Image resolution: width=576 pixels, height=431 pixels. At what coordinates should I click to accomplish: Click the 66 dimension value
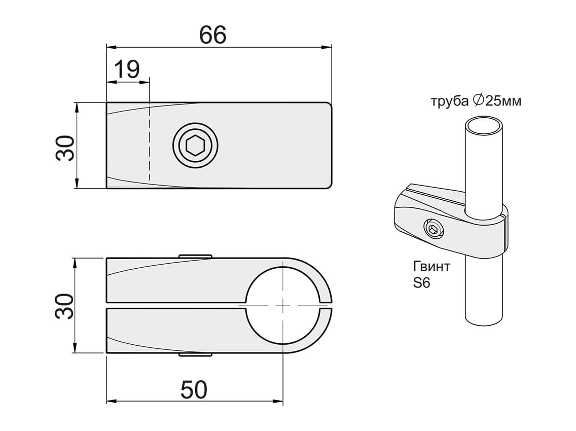pos(212,35)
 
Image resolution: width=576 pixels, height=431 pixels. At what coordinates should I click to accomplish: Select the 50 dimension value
pos(194,390)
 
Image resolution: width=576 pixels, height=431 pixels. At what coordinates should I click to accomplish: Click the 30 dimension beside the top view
pos(65,148)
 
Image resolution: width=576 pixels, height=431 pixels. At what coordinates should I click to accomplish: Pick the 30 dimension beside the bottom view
pos(65,306)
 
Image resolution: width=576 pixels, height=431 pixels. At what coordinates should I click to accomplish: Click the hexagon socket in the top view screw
pos(195,146)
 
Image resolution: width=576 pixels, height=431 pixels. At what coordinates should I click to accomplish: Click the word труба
pos(450,101)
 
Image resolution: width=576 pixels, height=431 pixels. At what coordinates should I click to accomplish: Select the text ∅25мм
pos(497,100)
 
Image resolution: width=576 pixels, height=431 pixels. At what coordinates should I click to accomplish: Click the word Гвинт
pos(431,266)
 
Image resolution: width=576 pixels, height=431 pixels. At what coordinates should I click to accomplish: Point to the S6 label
pos(421,282)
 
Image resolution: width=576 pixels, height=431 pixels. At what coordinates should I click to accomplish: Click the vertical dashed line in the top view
pos(149,141)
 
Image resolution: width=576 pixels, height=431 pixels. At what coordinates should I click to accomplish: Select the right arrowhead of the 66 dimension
pos(326,47)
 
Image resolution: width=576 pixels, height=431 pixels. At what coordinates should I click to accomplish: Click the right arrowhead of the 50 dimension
pos(278,401)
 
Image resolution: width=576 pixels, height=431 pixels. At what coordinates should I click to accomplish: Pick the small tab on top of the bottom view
pos(195,256)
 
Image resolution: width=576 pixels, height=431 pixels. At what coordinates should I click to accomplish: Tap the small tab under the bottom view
pos(195,354)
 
